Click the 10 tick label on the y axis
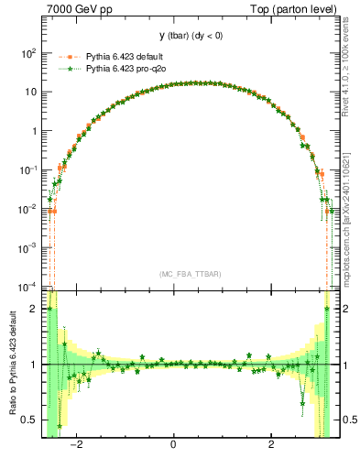(29, 92)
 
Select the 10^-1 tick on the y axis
(27, 169)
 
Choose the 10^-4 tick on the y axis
(27, 286)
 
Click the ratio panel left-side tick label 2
(33, 310)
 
